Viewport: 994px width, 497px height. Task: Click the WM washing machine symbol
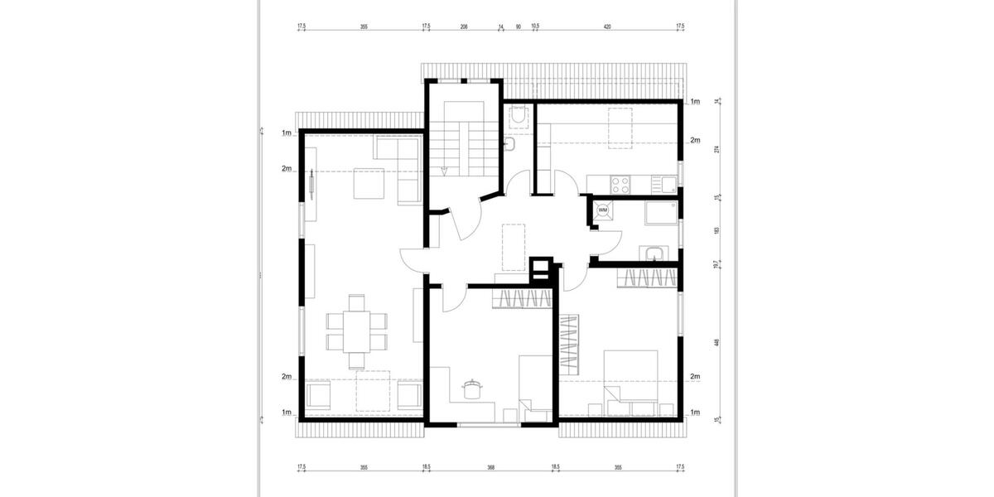click(x=602, y=210)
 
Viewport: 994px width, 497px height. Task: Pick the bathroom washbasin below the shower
click(x=653, y=253)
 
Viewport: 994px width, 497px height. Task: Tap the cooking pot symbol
click(x=472, y=388)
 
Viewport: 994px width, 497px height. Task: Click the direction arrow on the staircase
click(x=445, y=171)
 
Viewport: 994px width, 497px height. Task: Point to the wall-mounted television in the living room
click(x=311, y=182)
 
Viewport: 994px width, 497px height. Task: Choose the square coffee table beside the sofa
click(x=369, y=183)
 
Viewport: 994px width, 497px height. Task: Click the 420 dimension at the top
click(x=607, y=27)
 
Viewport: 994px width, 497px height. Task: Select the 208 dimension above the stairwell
click(x=464, y=27)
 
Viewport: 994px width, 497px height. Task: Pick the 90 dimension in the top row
click(x=519, y=27)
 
